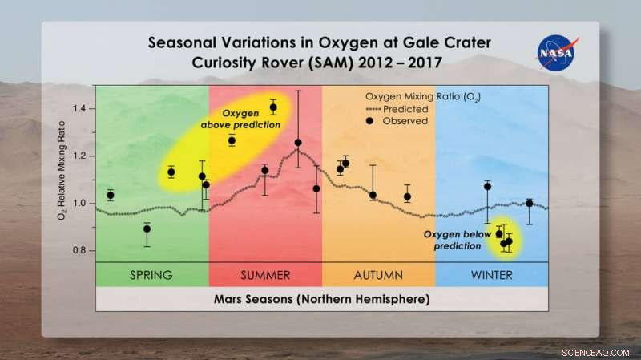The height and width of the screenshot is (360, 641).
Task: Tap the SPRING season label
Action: point(151,275)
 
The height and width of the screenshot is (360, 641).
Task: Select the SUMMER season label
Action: point(265,275)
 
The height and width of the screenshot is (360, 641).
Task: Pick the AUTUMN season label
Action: point(378,275)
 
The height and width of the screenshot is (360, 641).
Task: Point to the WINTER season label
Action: point(491,275)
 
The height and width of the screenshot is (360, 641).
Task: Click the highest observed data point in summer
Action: point(273,107)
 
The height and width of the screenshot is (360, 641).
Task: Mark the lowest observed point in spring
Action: point(147,229)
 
